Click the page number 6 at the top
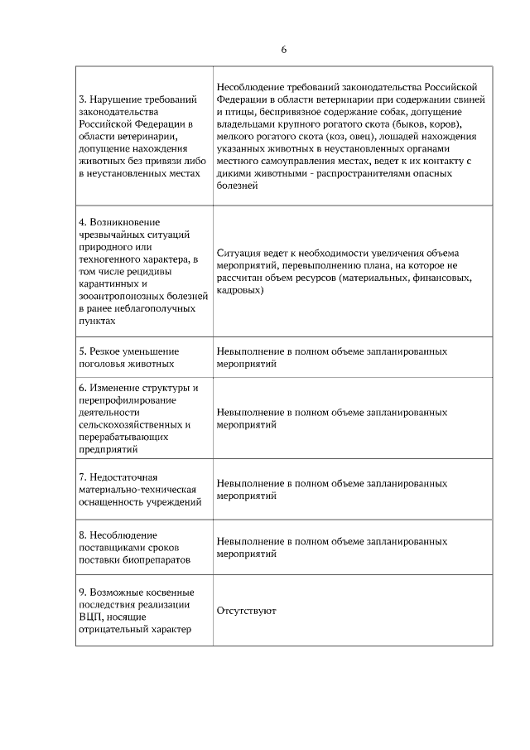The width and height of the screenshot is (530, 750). pyautogui.click(x=283, y=49)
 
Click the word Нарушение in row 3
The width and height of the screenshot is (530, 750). pyautogui.click(x=118, y=99)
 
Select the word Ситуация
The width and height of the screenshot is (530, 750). pyautogui.click(x=240, y=253)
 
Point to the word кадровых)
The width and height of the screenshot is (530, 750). pyautogui.click(x=240, y=290)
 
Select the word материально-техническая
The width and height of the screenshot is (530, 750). pyautogui.click(x=137, y=489)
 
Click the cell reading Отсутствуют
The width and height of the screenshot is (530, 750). pyautogui.click(x=246, y=611)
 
